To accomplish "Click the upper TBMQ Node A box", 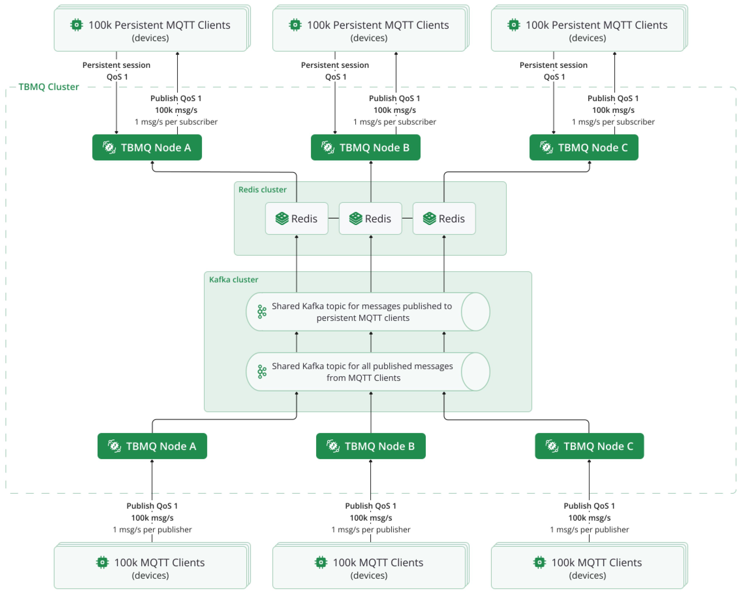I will click(x=147, y=147).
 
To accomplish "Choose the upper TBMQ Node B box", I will click(x=365, y=147).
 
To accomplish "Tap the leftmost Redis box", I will click(x=296, y=218).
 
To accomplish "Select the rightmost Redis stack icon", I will click(x=429, y=218).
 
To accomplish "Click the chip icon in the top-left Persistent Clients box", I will click(x=76, y=25).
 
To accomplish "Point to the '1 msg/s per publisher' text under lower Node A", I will click(x=152, y=530).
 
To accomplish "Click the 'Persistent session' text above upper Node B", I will click(x=335, y=65).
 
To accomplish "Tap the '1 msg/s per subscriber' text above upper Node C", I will click(x=613, y=122).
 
